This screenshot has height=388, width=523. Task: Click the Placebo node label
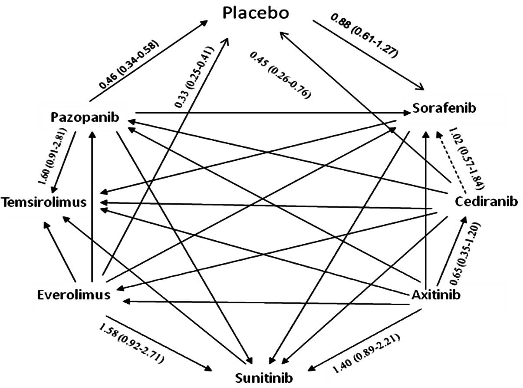[x=256, y=13]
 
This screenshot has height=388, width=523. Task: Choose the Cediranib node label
[x=486, y=202]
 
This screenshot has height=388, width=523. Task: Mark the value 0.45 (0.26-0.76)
[x=281, y=75]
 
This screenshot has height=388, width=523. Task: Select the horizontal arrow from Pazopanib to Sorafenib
[x=273, y=113]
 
